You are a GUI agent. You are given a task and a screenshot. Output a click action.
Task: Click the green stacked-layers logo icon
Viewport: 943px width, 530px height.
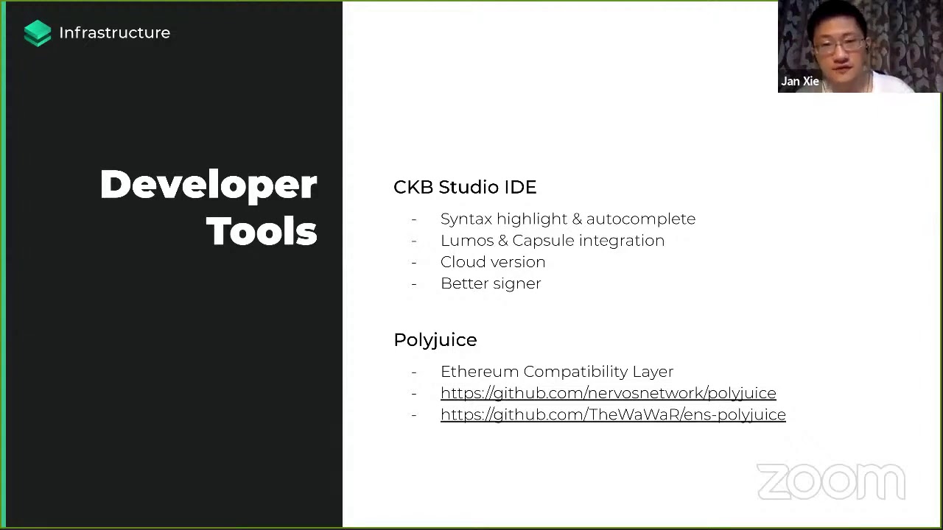click(x=38, y=33)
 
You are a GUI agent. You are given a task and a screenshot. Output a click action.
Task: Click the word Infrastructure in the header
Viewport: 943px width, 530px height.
click(x=114, y=33)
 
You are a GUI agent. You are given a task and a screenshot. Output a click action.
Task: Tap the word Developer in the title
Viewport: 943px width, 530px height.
click(x=208, y=185)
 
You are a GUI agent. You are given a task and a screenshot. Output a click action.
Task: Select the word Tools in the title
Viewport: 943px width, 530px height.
click(x=262, y=231)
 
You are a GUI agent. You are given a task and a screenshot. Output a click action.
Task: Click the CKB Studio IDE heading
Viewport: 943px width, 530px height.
click(x=465, y=187)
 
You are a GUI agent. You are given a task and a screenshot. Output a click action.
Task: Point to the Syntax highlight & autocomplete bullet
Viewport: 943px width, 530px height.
click(x=568, y=219)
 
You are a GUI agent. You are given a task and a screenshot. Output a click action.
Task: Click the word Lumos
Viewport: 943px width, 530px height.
click(x=467, y=241)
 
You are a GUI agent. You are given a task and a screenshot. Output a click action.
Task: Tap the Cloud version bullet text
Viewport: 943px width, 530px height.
click(x=493, y=262)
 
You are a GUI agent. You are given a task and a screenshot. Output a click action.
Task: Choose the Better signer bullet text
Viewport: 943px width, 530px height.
click(x=491, y=284)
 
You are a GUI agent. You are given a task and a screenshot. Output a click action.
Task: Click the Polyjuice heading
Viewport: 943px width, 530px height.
click(x=435, y=340)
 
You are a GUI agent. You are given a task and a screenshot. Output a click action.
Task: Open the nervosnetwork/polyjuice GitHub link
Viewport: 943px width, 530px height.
click(x=609, y=393)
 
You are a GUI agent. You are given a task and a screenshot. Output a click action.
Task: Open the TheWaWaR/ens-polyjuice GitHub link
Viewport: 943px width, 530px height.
click(x=613, y=414)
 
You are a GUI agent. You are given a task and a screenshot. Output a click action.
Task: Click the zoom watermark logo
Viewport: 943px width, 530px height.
click(x=831, y=481)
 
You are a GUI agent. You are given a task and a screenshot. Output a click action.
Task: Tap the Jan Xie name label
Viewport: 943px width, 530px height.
click(x=800, y=81)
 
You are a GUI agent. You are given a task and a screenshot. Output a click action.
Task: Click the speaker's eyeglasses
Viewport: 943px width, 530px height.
click(x=839, y=45)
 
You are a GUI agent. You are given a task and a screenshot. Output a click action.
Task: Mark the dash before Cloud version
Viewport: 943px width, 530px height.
click(x=414, y=263)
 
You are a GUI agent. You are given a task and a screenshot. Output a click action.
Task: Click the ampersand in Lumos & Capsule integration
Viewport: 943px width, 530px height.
click(x=502, y=241)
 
